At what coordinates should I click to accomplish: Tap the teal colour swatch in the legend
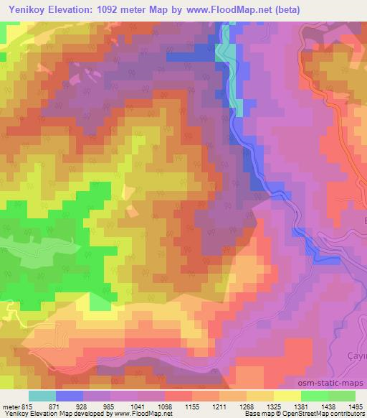pos(42,396)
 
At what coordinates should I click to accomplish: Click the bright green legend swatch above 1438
pos(314,396)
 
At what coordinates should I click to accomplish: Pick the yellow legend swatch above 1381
pos(287,396)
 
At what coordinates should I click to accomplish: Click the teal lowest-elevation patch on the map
pos(224,52)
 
